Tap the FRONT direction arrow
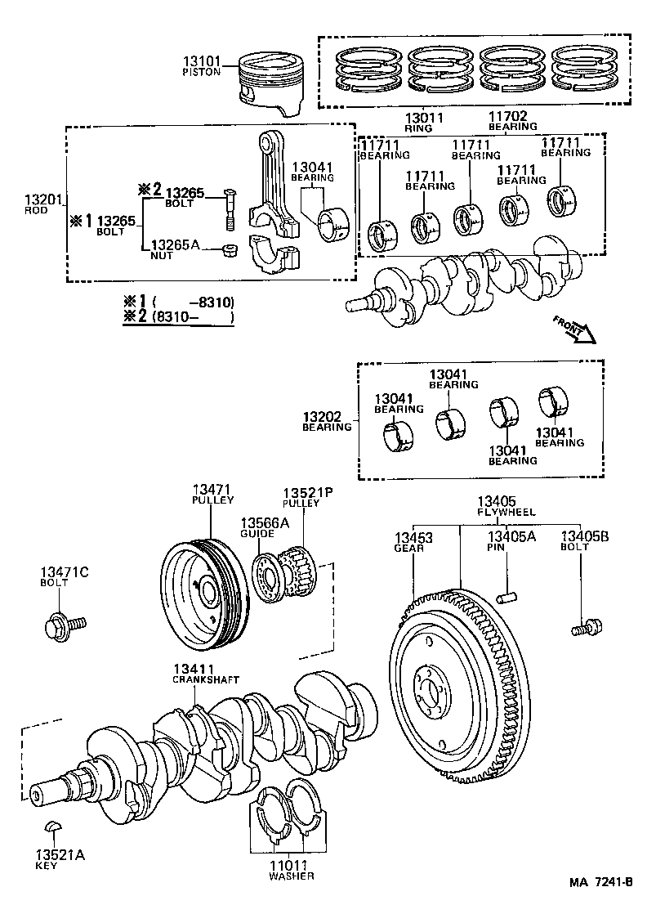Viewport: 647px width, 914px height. (x=573, y=329)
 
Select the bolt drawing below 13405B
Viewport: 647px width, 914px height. (x=585, y=627)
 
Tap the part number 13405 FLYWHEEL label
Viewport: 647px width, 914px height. (x=506, y=506)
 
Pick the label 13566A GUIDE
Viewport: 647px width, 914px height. (x=264, y=527)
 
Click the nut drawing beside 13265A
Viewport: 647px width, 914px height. (x=230, y=249)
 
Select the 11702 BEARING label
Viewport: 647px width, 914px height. (x=512, y=121)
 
